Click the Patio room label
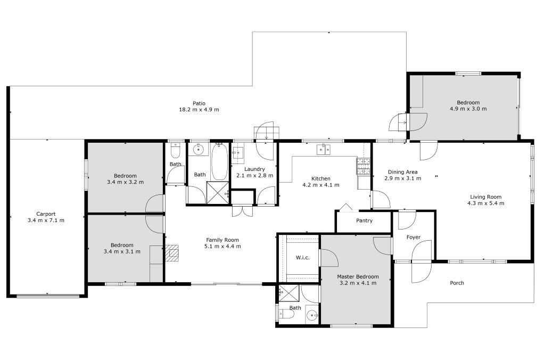199,103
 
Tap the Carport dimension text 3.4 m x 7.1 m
46,220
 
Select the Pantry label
364,220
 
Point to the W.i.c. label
302,258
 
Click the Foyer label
414,237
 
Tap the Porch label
457,283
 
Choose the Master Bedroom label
358,276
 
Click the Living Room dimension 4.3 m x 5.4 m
486,203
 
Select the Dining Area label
403,172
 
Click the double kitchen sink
324,149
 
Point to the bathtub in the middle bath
220,162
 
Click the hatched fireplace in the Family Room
172,253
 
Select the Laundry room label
255,169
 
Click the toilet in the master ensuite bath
287,314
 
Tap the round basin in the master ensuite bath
312,316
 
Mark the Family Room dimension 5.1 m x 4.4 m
223,246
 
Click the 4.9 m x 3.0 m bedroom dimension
468,109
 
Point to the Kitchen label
321,178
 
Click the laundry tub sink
238,153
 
